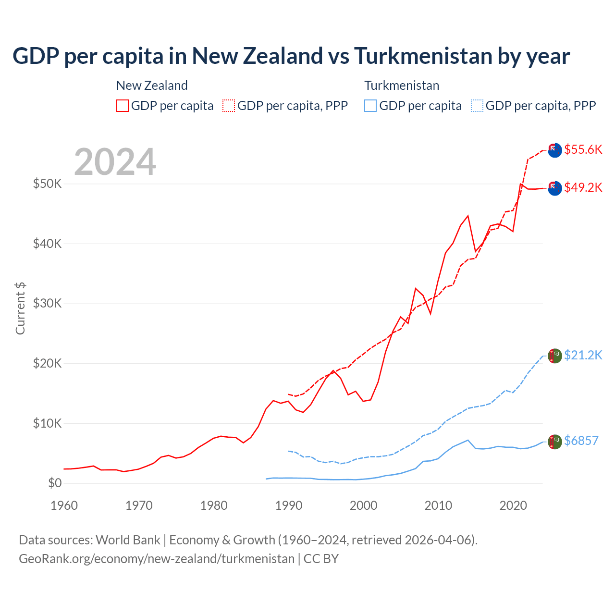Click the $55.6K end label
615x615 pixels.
(583, 149)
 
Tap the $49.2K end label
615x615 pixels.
(583, 187)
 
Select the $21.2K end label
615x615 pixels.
(583, 355)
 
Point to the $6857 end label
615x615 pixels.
(581, 441)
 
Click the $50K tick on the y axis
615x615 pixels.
(47, 184)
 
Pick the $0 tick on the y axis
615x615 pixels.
(55, 483)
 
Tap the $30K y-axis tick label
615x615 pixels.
(47, 303)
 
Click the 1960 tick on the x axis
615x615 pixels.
(64, 505)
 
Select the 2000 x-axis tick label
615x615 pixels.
(364, 505)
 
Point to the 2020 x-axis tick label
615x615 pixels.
(513, 505)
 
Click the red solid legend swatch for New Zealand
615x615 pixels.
(123, 106)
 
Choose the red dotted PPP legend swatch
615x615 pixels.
(229, 106)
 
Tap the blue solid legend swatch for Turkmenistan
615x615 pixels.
(370, 106)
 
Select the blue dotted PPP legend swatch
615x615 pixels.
(477, 106)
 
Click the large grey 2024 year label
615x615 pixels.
(115, 162)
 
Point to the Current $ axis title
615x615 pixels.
(20, 308)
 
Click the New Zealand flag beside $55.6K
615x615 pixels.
(554, 150)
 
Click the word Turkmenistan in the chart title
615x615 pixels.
(423, 56)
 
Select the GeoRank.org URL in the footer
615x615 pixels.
(157, 559)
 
